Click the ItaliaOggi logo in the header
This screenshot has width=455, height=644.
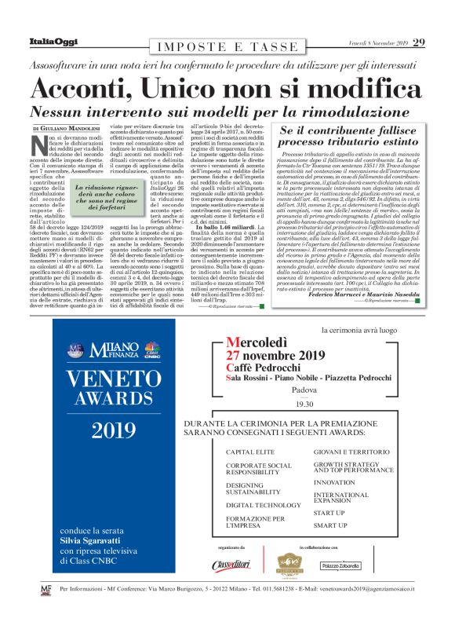[x=48, y=42]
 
